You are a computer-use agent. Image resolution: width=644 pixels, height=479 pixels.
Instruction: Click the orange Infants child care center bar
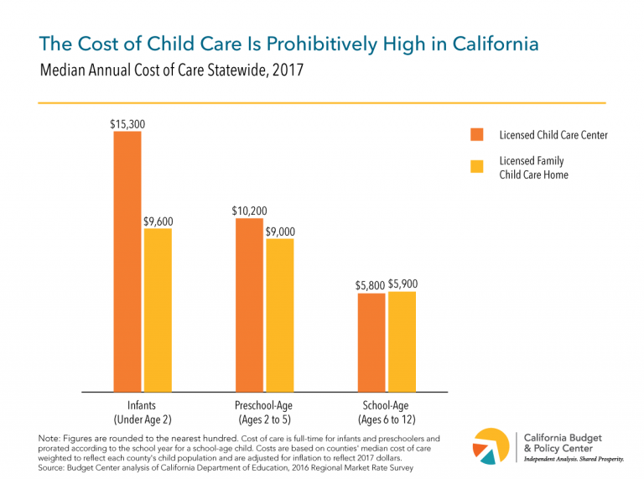(127, 261)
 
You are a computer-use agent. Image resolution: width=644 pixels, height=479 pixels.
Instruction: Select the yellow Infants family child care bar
(158, 310)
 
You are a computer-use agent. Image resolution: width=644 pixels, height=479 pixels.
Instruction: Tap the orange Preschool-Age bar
(250, 305)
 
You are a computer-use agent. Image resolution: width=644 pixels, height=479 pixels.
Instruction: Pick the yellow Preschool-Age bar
(280, 315)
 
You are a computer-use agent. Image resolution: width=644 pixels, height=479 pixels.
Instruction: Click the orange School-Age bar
(372, 342)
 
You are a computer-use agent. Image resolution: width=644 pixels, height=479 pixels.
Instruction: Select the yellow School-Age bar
(402, 341)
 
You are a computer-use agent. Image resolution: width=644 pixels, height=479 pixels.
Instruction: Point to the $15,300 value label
(127, 123)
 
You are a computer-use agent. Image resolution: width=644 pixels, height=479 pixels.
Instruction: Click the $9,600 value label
(158, 221)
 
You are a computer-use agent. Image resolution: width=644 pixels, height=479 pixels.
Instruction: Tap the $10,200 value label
(250, 211)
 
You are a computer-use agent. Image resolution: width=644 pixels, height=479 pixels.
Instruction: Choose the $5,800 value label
(370, 285)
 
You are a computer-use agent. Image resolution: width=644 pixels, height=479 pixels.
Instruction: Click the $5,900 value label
(403, 284)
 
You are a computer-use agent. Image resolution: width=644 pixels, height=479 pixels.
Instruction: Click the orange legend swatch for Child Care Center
(477, 134)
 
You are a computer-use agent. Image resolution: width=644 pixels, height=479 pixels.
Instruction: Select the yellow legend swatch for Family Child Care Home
(477, 166)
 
